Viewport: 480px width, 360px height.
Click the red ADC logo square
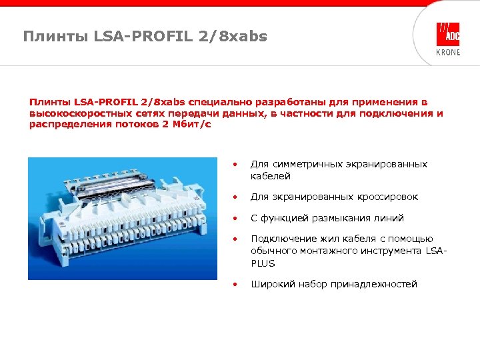448,34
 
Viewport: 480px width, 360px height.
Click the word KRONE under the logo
448,53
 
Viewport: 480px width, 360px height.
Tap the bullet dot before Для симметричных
234,164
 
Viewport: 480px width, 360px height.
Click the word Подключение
281,239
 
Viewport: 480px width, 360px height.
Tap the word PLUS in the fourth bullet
263,263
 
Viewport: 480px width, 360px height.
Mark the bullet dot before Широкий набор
234,285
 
